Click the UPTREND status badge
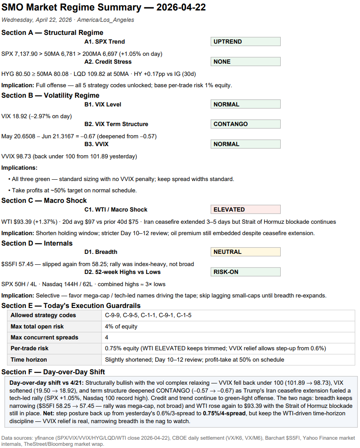(245, 42)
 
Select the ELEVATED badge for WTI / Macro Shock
(245, 210)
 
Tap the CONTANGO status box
(245, 124)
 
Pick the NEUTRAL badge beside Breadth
(245, 252)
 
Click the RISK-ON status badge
(245, 272)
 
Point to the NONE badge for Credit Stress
(245, 62)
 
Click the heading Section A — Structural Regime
(52, 33)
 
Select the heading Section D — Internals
(37, 243)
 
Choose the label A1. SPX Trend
(105, 42)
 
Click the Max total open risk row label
(37, 327)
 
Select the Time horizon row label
(29, 360)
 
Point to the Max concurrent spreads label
(44, 338)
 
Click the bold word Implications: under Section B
(19, 168)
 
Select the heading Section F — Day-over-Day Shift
(53, 372)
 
